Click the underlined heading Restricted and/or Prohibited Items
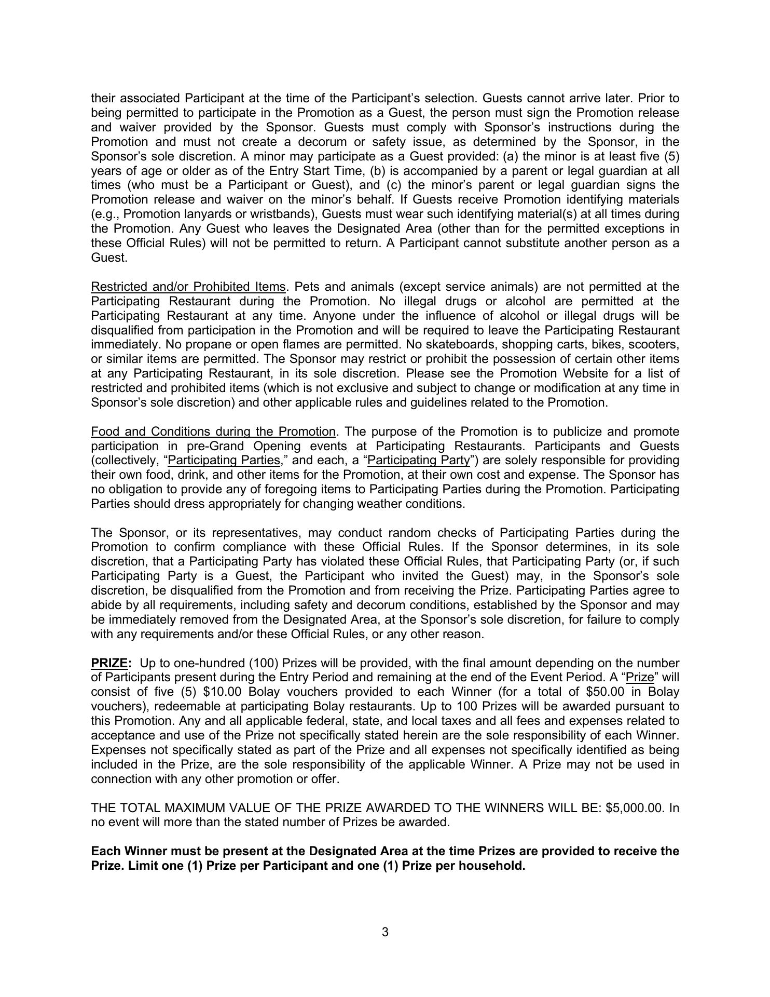pos(188,287)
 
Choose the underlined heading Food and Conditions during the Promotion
pos(213,432)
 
